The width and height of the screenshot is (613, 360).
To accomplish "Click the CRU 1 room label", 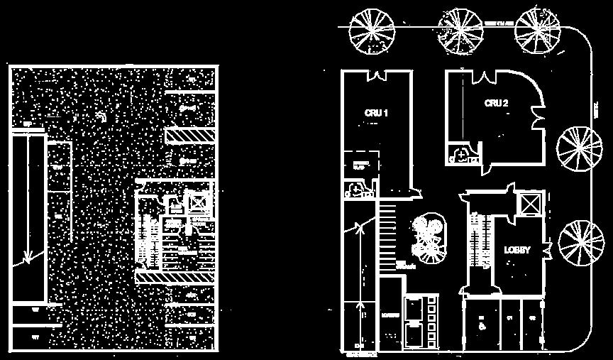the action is [x=376, y=113].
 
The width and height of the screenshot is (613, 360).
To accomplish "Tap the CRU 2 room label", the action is [x=496, y=103].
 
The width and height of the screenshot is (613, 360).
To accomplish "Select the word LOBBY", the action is [x=517, y=250].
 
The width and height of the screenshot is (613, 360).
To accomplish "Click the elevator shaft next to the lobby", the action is [x=530, y=204].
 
